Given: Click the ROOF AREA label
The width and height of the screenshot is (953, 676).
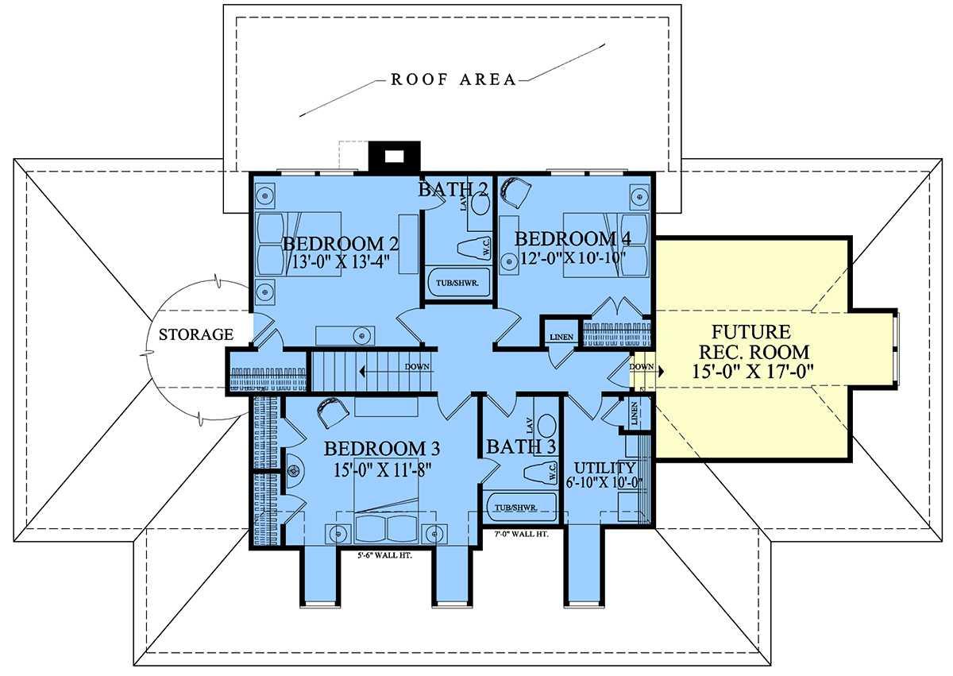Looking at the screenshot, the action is click(453, 79).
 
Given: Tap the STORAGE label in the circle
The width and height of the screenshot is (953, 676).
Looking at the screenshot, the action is click(196, 334).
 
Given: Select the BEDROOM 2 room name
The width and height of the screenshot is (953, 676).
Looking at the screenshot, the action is click(341, 244).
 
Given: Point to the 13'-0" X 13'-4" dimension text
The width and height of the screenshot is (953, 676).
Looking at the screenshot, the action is click(341, 261).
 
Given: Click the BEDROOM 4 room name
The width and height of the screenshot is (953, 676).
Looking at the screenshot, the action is click(573, 239).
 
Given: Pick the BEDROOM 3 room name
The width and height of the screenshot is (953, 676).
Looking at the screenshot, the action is click(382, 449).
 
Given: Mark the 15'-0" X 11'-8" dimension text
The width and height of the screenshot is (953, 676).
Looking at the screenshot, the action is click(382, 470).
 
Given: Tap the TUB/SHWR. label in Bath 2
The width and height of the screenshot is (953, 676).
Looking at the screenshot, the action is click(457, 283).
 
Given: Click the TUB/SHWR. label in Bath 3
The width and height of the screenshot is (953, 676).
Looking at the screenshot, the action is click(515, 508).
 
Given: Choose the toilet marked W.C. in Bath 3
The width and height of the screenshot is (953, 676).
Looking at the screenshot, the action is click(540, 472).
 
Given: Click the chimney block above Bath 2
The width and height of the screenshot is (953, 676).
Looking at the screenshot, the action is click(394, 156).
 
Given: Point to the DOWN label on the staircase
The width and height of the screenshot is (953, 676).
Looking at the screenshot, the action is click(417, 367).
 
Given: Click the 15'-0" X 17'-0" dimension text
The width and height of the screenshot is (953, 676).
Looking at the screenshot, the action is click(753, 372).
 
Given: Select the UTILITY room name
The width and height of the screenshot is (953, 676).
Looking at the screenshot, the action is click(604, 468).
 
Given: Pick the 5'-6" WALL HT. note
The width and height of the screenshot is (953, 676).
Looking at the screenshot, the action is click(384, 555).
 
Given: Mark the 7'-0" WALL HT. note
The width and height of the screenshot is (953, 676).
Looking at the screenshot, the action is click(521, 534).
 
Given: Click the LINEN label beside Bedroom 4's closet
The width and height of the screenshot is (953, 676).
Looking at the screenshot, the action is click(561, 337).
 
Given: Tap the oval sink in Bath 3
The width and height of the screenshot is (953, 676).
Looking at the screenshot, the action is click(547, 425).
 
